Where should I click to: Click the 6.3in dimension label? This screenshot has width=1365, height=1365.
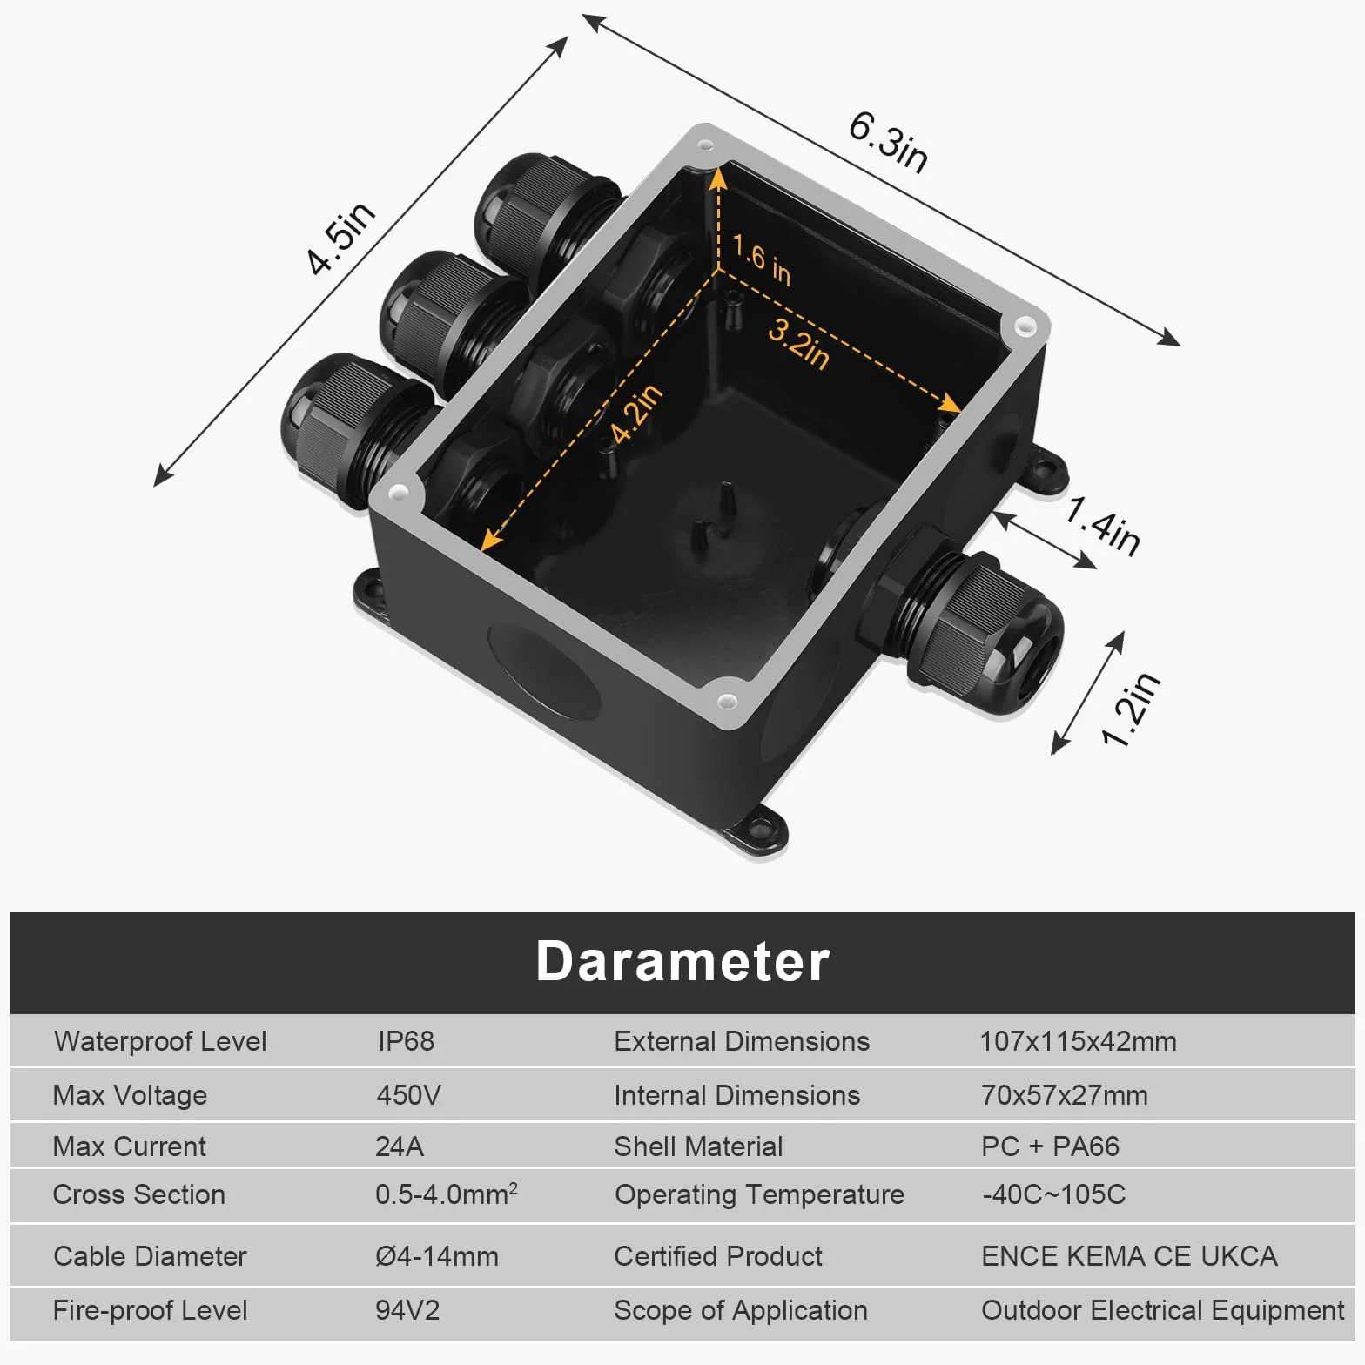(888, 141)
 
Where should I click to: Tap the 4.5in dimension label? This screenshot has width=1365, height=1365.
(341, 237)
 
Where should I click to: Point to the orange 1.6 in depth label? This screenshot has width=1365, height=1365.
(762, 259)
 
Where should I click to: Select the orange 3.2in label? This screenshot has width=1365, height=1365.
(798, 343)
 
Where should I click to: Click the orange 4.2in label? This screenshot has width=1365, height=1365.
(636, 414)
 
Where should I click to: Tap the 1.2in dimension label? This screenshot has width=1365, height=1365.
(1130, 709)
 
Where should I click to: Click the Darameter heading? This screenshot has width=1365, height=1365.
(682, 961)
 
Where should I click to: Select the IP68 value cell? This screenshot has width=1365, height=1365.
(406, 1041)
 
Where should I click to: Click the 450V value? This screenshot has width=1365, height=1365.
(408, 1094)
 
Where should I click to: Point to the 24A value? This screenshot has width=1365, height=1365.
(400, 1146)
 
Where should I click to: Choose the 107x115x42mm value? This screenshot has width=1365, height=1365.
(1078, 1041)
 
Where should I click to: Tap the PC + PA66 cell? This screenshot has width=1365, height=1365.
(1050, 1146)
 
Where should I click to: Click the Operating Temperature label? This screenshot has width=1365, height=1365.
(759, 1195)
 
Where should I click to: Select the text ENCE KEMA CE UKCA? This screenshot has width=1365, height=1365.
(1129, 1256)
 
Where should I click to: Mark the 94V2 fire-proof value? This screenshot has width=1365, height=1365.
(407, 1310)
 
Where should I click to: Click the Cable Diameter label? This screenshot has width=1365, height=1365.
(150, 1256)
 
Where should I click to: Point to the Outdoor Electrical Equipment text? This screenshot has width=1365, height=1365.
(1163, 1310)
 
